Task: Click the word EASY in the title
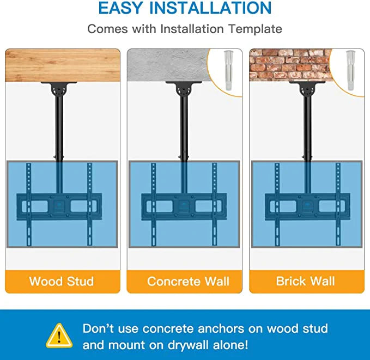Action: click(x=121, y=8)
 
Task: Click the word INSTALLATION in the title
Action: click(x=210, y=8)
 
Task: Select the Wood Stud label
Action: click(x=62, y=281)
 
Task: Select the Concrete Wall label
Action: click(x=188, y=281)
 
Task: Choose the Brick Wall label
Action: click(x=305, y=281)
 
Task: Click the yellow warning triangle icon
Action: click(x=59, y=335)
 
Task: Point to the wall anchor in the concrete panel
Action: click(x=228, y=70)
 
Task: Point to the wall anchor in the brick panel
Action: click(x=351, y=70)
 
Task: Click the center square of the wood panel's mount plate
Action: click(x=59, y=206)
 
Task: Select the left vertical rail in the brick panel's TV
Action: click(x=277, y=204)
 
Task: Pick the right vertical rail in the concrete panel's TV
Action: click(x=214, y=204)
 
